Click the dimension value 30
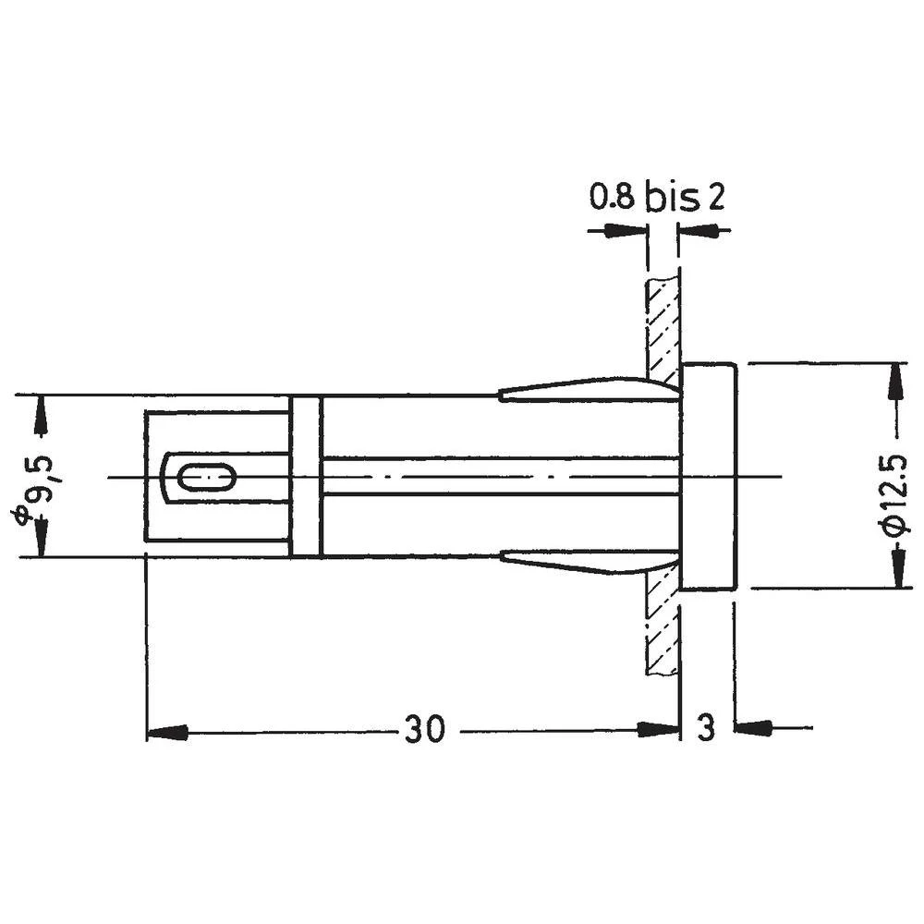pos(424,730)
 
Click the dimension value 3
pos(706,729)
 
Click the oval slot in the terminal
pos(205,478)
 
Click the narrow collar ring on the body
pos(305,476)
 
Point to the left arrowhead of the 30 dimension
pos(166,732)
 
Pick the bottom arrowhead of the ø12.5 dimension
pos(894,569)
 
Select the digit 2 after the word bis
pos(715,198)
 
